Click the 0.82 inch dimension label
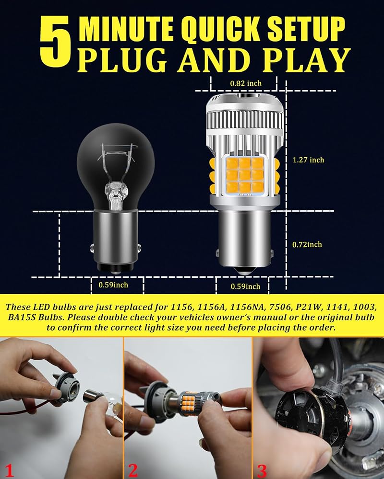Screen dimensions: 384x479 pos(246,83)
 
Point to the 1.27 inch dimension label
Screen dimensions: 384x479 pos(308,160)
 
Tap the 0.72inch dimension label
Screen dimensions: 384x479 pos(307,245)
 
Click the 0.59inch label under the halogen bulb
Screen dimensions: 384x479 pos(113,285)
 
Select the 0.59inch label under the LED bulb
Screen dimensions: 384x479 pos(245,286)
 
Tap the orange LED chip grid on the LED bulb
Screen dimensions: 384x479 pos(244,175)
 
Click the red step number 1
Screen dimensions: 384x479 pos(9,470)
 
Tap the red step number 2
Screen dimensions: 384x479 pos(133,470)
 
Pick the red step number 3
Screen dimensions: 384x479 pos(262,470)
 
